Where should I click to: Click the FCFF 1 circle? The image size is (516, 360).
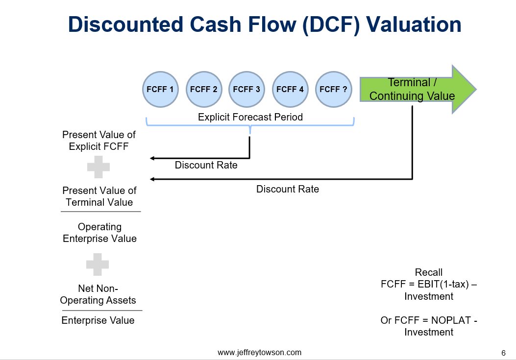click(160, 89)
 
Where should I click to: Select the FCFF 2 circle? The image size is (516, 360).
click(203, 89)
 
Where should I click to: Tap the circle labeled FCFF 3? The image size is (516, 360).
click(246, 89)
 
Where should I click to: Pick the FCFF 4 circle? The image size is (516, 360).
click(290, 89)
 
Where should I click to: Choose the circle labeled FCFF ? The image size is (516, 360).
click(333, 89)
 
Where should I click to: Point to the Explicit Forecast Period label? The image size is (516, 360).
click(250, 117)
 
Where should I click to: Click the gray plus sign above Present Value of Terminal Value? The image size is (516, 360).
click(98, 167)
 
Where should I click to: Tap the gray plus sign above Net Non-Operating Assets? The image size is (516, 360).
click(98, 264)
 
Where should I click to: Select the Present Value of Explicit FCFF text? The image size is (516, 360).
click(99, 140)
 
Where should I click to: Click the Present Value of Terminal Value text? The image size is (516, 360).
click(99, 196)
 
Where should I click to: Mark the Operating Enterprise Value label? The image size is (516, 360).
click(99, 233)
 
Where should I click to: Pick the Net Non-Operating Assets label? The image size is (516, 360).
click(98, 294)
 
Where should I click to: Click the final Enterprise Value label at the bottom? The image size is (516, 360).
click(98, 320)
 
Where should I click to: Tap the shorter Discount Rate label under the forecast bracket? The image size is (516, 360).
click(206, 165)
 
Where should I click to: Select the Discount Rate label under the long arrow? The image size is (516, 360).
click(287, 189)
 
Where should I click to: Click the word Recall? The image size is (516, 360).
click(428, 272)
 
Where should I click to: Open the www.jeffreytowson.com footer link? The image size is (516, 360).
click(259, 352)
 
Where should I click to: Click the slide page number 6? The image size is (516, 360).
click(503, 353)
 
